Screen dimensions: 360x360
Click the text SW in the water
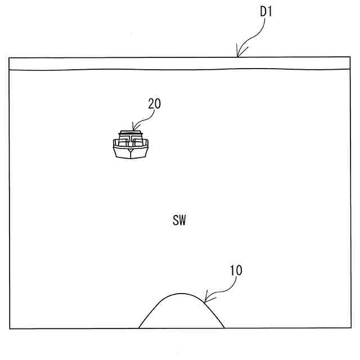point(179,220)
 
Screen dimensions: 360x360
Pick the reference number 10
point(236,271)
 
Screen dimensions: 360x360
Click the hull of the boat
point(130,152)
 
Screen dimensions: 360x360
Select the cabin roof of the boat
point(130,133)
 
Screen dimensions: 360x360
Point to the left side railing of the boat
point(116,143)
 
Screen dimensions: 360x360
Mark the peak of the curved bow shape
point(181,293)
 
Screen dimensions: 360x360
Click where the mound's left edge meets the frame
point(139,328)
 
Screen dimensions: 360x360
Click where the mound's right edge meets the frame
point(224,328)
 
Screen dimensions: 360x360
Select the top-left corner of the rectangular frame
point(10,57)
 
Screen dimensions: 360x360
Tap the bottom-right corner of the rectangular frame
point(350,328)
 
